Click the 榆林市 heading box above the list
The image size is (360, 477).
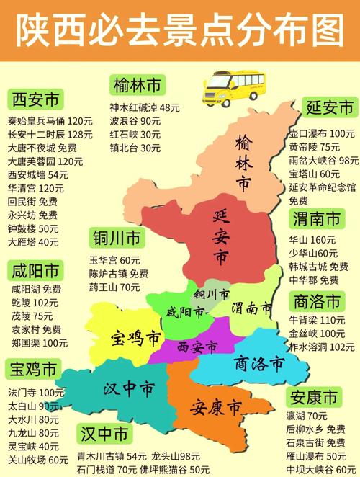pos(137,86)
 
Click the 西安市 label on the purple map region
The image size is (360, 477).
pos(197,347)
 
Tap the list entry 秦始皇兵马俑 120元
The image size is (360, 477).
pos(50,121)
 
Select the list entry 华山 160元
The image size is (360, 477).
pos(312,239)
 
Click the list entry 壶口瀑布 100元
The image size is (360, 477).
pos(321,134)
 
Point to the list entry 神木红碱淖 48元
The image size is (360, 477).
pos(145,108)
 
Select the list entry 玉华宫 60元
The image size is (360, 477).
pos(114,260)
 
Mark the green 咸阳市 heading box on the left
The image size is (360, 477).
pos(35,272)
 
